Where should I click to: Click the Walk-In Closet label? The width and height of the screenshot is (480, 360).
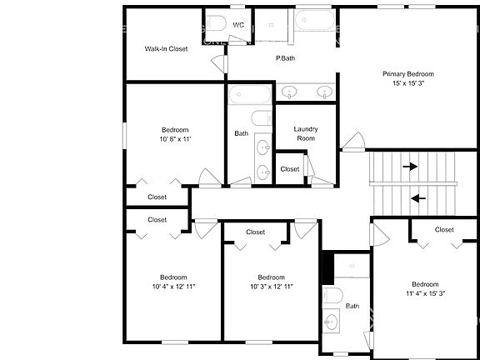pos(166,48)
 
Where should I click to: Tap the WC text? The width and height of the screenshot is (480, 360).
pos(238,25)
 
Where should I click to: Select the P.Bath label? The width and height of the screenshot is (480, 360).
pos(286,58)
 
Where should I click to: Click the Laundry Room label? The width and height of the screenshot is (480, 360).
pos(306,133)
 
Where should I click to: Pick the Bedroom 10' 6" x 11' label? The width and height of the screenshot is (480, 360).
pos(175,134)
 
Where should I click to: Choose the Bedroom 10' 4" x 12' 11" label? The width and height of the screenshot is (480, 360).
pos(173,282)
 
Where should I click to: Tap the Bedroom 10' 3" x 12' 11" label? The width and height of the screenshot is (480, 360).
pos(271,282)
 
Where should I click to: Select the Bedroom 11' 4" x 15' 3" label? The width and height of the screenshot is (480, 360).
pos(425,288)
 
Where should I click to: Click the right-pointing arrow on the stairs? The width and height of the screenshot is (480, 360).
pos(410,167)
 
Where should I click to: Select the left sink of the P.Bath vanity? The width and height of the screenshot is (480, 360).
pos(290,91)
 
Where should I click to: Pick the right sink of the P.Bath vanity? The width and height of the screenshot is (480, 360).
pos(323,91)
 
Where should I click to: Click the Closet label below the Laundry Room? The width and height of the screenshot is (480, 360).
pos(289,169)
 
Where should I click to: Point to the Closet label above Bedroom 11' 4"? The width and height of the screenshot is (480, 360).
pos(444,229)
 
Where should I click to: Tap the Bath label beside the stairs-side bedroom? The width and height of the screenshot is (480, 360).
pos(352,306)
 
